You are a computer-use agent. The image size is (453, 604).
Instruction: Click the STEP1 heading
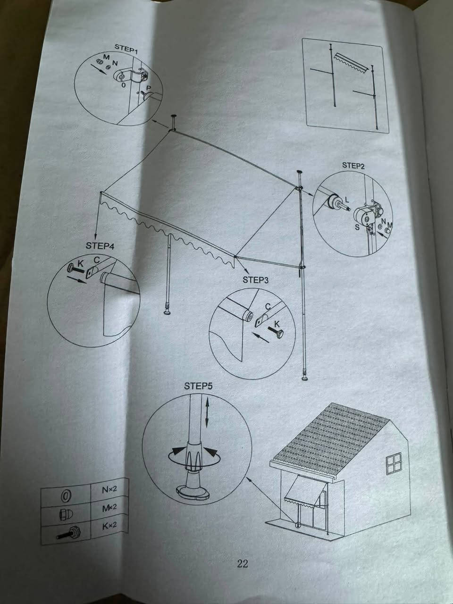point(126,49)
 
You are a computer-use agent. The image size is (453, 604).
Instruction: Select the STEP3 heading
point(255,280)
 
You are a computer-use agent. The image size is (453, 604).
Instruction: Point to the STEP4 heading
point(100,245)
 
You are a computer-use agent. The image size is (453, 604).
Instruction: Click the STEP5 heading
point(198,386)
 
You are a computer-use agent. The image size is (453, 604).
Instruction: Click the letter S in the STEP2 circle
point(357,227)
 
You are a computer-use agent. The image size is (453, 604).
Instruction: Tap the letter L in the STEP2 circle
point(346,200)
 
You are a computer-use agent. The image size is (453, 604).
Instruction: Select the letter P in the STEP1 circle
point(149,88)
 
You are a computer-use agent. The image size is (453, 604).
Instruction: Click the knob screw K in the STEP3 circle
point(276,332)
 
